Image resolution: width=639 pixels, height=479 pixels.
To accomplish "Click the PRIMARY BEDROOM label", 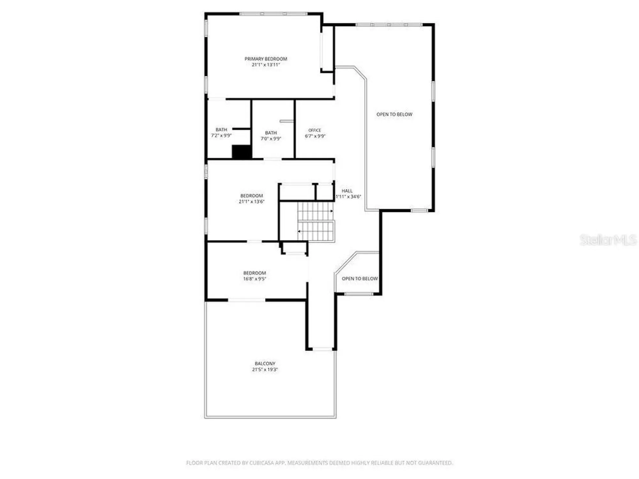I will pos(266,59).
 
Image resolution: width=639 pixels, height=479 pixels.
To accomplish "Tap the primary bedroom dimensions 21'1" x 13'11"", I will pos(266,65).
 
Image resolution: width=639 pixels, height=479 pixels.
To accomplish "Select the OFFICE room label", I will pos(315,130).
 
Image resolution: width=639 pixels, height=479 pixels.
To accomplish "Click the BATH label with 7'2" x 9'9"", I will pos(221,130).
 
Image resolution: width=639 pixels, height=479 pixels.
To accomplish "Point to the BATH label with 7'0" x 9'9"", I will pos(271,133).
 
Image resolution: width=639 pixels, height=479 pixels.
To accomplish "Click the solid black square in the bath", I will pos(242,152).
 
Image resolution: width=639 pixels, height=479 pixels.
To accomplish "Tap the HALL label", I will pos(347,191).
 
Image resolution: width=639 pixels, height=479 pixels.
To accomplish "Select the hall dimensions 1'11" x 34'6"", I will pos(348,197).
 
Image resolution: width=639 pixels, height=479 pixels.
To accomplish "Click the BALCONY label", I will pos(265,364).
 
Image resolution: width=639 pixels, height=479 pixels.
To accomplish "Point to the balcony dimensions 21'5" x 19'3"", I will pos(265,370).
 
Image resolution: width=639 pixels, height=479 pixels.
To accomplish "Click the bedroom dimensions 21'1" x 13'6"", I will pos(252,201).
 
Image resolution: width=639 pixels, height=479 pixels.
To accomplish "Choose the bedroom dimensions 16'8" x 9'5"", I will pos(255,279).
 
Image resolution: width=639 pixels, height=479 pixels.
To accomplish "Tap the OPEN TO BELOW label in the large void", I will pos(394,114).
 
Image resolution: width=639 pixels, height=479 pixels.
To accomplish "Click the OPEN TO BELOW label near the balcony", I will pos(360,279).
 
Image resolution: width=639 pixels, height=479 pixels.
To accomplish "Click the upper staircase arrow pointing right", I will pos(332,211).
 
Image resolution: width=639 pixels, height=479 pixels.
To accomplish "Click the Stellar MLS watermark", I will pos(608,240).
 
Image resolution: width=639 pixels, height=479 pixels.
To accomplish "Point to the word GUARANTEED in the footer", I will pos(436,463).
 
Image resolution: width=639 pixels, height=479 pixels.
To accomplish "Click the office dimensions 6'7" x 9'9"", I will pos(315,136).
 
